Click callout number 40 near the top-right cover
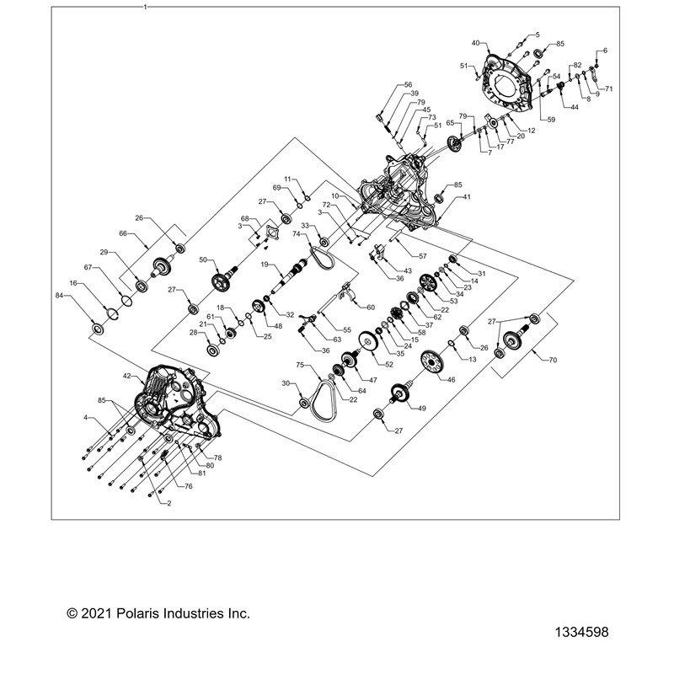pyautogui.click(x=475, y=42)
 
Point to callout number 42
pyautogui.click(x=127, y=377)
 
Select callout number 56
pyautogui.click(x=408, y=85)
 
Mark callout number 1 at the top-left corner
pyautogui.click(x=145, y=7)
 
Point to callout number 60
pyautogui.click(x=371, y=307)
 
